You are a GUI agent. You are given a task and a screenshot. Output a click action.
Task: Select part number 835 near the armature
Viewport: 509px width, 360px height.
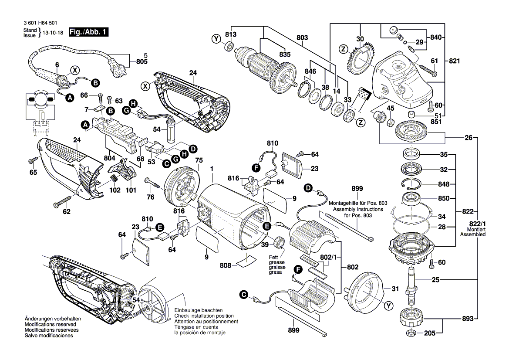(285, 54)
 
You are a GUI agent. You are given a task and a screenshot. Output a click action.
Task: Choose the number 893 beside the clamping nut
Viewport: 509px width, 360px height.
(467, 319)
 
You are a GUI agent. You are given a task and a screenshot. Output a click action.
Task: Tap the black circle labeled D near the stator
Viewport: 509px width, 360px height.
(308, 188)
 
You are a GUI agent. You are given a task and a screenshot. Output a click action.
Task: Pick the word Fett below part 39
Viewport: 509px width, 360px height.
(273, 257)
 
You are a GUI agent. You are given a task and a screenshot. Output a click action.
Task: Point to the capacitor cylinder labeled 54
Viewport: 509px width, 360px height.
(172, 132)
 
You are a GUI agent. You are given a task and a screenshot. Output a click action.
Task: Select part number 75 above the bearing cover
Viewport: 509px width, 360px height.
(199, 160)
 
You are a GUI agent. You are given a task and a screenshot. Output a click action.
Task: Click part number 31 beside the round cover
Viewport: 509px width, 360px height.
(395, 288)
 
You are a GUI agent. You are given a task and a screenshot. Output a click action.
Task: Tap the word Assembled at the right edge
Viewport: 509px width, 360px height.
(473, 234)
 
